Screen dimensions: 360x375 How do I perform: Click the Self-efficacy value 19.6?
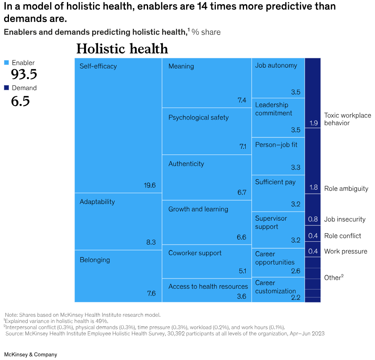coord(150,185)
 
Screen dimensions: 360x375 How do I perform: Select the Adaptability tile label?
coord(97,202)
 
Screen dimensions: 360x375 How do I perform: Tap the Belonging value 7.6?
coord(151,293)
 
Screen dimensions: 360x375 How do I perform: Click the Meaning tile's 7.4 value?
coord(242,100)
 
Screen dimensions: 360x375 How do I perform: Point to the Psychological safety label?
coord(198,117)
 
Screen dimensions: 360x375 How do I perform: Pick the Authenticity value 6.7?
coord(242,192)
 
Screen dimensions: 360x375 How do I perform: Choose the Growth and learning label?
coord(198,209)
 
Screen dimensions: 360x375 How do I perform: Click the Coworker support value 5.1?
coord(242,271)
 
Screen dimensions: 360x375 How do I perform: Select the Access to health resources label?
coord(208,286)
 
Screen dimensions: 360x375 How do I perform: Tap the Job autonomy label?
coord(276,65)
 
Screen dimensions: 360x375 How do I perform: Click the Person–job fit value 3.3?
coord(295,167)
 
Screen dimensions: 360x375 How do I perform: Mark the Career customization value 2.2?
coord(295,298)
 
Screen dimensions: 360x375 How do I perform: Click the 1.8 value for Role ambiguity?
coord(313,188)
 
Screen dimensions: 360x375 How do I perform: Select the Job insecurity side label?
coord(345,219)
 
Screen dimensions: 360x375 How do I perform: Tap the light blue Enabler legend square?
coord(6,63)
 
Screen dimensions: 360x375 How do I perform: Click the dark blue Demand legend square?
coord(6,88)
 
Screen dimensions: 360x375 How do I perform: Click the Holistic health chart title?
coord(122,49)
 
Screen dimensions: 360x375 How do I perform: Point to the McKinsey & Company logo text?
coord(31,354)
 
